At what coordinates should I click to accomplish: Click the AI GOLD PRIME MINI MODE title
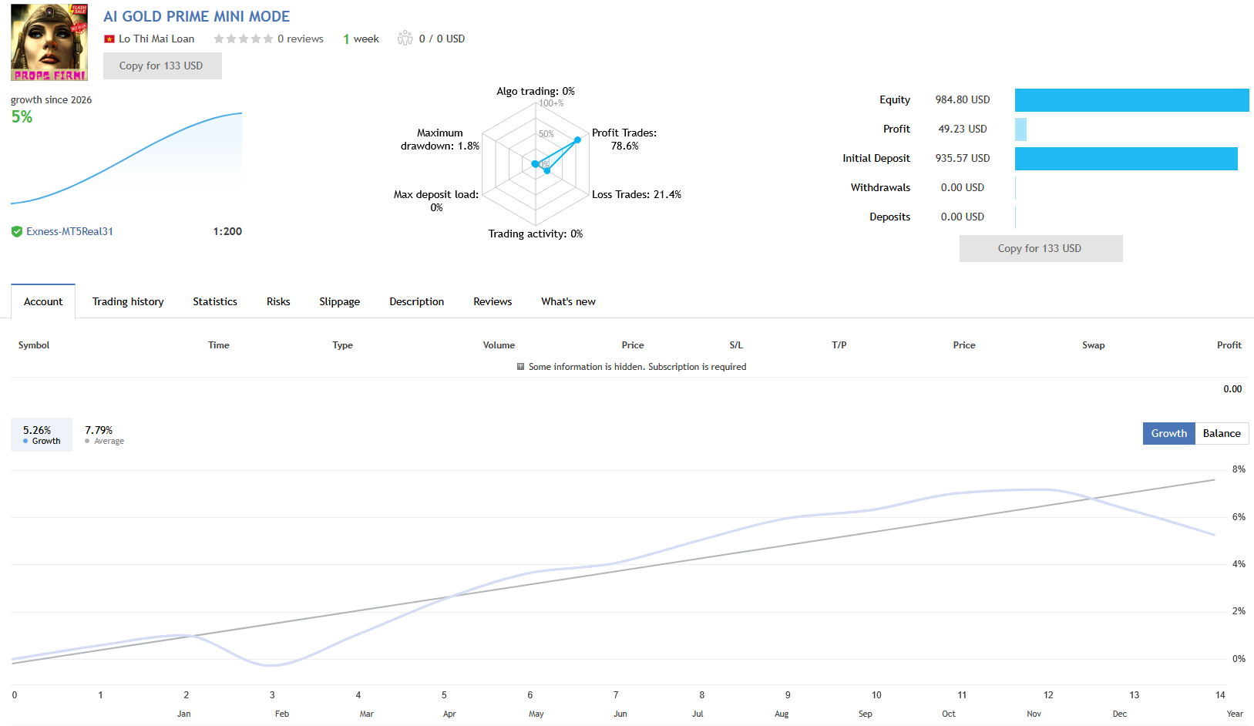coord(197,16)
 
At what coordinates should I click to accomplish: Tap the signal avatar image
coord(49,42)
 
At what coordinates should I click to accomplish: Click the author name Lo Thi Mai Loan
coord(156,39)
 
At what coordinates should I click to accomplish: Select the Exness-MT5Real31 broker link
coord(69,231)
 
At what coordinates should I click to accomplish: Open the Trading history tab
coord(128,301)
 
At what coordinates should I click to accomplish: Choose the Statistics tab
coord(215,301)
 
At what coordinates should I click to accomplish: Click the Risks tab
coord(278,301)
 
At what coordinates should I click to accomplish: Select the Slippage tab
coord(340,301)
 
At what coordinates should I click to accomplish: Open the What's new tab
coord(568,301)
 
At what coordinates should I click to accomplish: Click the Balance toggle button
coord(1222,433)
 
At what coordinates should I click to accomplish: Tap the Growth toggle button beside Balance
coord(1168,433)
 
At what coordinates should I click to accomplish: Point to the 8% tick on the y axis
coord(1239,469)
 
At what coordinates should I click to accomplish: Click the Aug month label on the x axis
coord(782,714)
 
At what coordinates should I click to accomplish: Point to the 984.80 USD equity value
coord(962,100)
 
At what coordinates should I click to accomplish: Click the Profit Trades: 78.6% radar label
coord(624,139)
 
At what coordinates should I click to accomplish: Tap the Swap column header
coord(1093,345)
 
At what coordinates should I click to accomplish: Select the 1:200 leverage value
coord(227,231)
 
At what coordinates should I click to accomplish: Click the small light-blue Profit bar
coord(1020,129)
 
